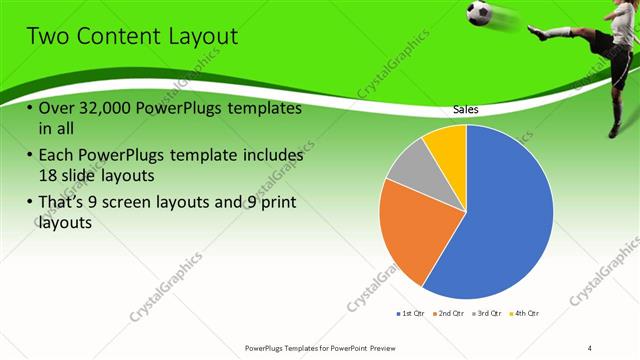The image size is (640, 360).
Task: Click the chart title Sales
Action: [466, 109]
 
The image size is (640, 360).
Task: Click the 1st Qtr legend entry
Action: [410, 313]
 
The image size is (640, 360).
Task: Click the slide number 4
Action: [590, 347]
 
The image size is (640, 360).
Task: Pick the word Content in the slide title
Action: [117, 37]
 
